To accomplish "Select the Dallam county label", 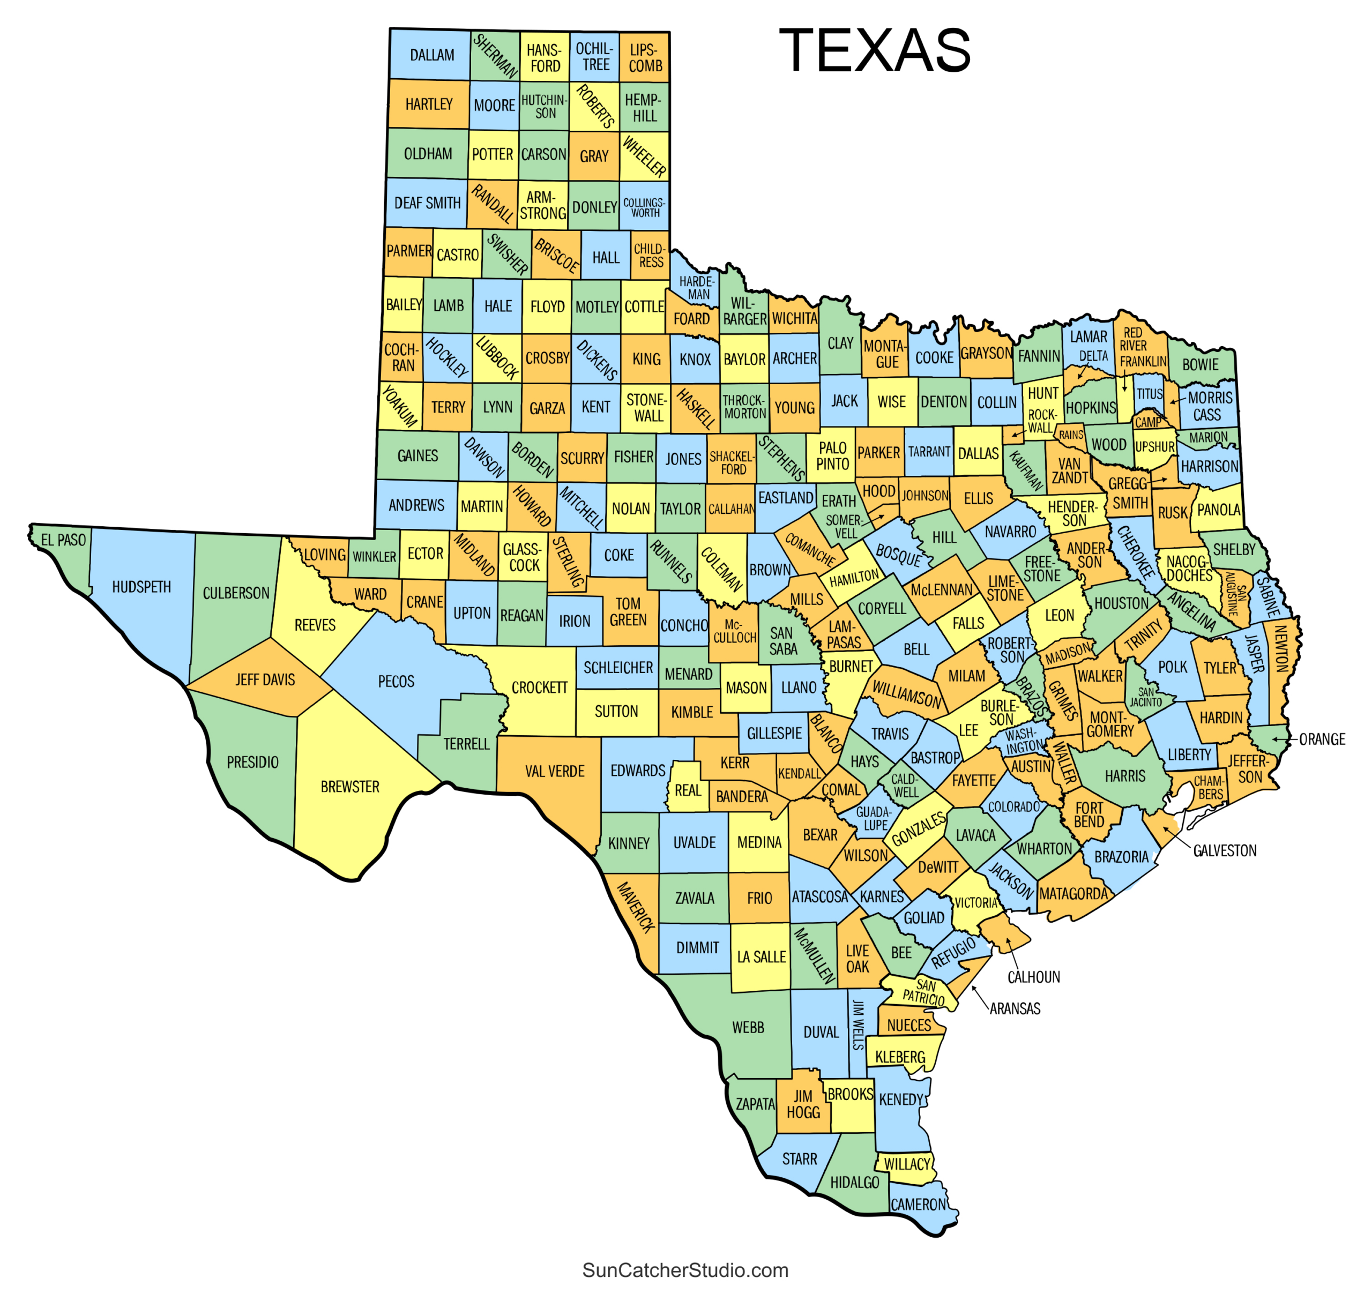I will click(432, 55).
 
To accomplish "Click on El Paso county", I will click(63, 540).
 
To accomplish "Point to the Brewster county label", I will click(350, 787).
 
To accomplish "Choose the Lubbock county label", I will click(497, 358).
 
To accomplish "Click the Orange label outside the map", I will click(1322, 739).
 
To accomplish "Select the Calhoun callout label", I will click(1033, 977).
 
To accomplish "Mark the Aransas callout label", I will click(1015, 1009).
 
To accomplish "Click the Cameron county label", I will click(919, 1205).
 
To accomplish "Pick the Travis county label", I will click(890, 734).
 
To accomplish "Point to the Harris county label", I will click(1125, 776).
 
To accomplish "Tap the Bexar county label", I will click(820, 835).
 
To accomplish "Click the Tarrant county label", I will click(929, 452).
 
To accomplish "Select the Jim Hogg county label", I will click(803, 1104).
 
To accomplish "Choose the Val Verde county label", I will click(554, 772).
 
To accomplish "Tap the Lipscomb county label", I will click(645, 58).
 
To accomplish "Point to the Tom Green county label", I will click(628, 612).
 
